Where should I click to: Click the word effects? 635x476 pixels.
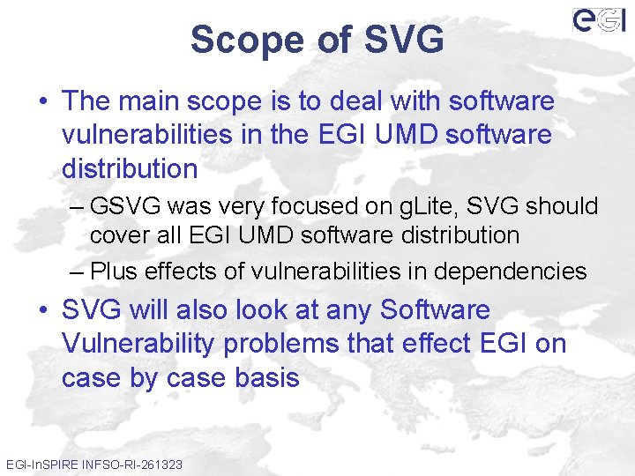(181, 271)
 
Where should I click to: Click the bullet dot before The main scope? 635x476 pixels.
(42, 102)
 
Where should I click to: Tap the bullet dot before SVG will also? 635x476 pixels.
(42, 311)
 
